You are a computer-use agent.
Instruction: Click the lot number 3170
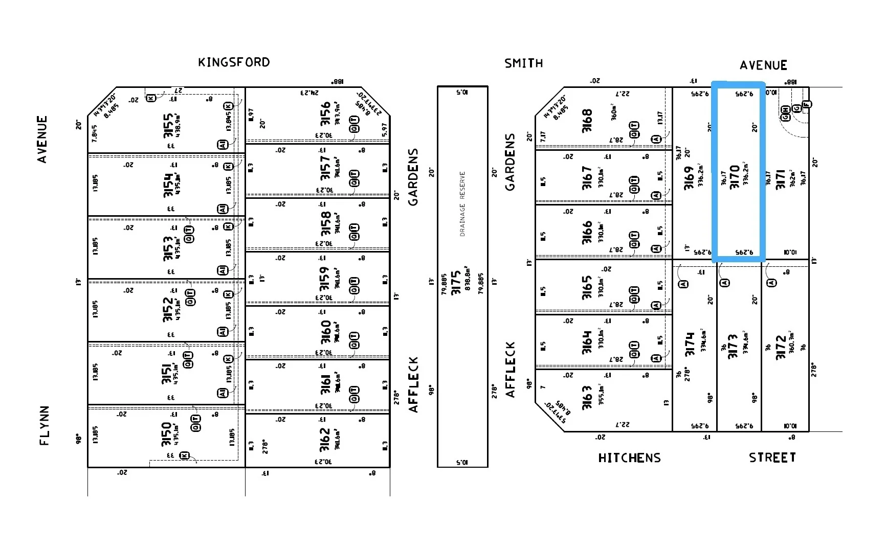735,177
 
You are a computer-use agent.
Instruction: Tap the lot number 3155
168,126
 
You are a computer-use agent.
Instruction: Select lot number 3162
325,440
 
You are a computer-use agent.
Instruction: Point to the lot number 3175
456,283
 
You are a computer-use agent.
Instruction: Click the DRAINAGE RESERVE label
462,203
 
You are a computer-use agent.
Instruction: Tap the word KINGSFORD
234,62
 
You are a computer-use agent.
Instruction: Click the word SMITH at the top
523,63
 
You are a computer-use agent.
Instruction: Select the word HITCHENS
629,458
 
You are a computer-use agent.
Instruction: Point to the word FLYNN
45,425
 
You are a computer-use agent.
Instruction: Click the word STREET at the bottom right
772,457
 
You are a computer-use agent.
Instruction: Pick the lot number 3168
587,121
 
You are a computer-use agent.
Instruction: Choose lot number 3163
587,397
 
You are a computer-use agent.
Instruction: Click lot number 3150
167,434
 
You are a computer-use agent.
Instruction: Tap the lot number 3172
781,348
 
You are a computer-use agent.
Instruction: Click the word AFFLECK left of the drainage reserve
413,384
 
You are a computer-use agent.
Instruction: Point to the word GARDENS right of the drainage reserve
510,162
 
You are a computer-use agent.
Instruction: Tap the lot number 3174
690,344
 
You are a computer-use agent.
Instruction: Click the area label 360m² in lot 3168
614,112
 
